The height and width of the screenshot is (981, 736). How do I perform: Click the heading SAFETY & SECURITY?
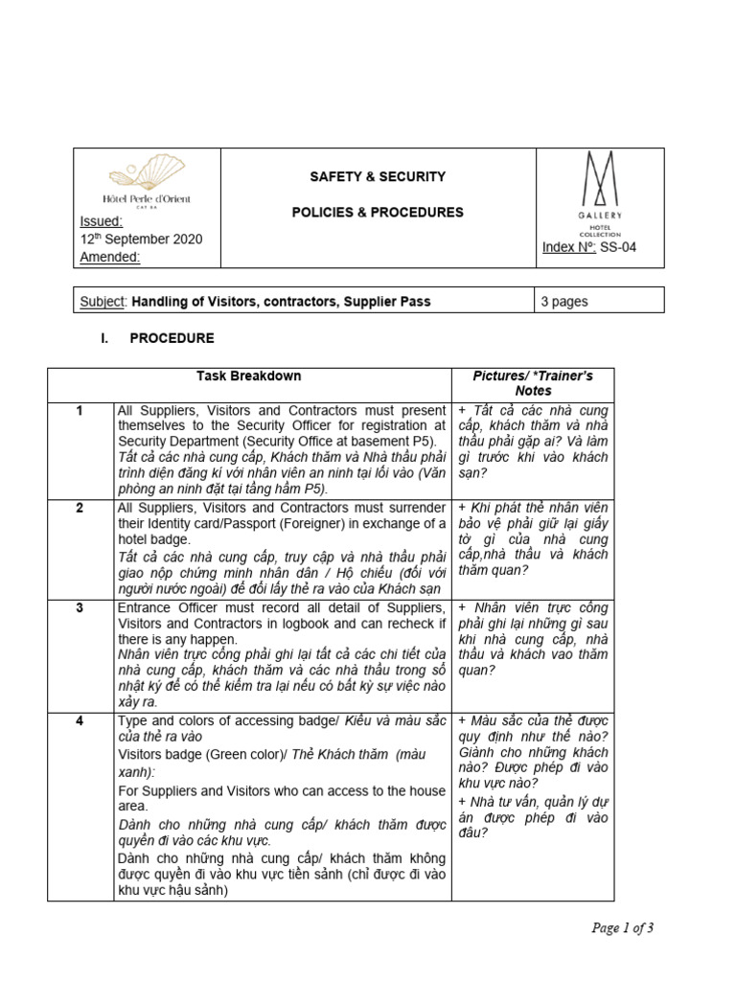click(x=378, y=176)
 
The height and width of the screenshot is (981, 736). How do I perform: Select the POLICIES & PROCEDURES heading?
click(x=378, y=213)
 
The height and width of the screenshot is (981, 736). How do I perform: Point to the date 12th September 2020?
click(x=141, y=240)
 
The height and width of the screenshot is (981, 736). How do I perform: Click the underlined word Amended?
click(x=110, y=257)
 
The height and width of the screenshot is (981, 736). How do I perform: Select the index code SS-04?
click(x=618, y=247)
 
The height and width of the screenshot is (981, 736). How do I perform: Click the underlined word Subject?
click(x=102, y=302)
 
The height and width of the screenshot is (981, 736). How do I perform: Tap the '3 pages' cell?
click(x=564, y=302)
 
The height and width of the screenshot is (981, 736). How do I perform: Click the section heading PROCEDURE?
click(x=172, y=338)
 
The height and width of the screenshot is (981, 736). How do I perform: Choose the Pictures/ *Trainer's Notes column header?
click(x=533, y=383)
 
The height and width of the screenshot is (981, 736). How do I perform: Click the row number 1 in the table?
click(x=80, y=411)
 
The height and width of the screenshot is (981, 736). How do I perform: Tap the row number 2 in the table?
click(x=80, y=507)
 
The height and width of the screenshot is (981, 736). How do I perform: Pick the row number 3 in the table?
click(x=80, y=608)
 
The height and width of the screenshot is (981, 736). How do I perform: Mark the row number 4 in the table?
click(x=80, y=719)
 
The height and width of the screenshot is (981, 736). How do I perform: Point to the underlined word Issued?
click(x=101, y=222)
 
